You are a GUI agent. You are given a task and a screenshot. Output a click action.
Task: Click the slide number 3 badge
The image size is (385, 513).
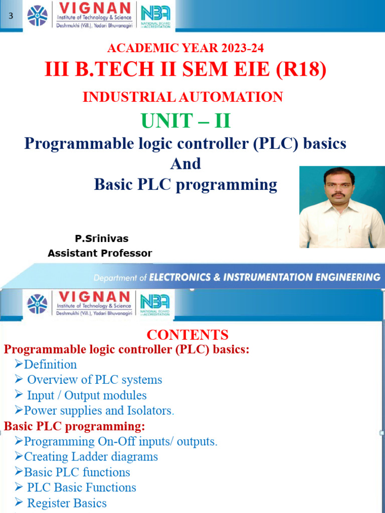11,17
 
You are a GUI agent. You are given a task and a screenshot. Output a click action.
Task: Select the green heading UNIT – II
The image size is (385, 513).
186,121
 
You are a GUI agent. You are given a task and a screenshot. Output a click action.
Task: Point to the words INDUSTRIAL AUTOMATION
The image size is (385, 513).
183,97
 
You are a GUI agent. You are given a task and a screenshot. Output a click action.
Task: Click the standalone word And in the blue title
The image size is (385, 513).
185,164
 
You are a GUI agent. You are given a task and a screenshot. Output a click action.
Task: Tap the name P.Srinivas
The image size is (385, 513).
101,238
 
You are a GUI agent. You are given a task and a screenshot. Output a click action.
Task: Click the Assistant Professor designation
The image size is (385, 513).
100,253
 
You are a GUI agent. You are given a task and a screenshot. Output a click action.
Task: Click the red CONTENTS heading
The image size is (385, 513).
187,335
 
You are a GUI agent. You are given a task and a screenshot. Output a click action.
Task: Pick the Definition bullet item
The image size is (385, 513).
50,365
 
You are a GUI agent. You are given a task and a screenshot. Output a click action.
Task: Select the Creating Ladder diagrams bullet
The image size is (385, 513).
91,457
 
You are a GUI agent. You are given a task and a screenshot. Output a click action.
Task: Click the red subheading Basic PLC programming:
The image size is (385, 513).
75,426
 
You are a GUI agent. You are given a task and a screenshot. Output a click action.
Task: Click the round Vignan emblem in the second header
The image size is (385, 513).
37,304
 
